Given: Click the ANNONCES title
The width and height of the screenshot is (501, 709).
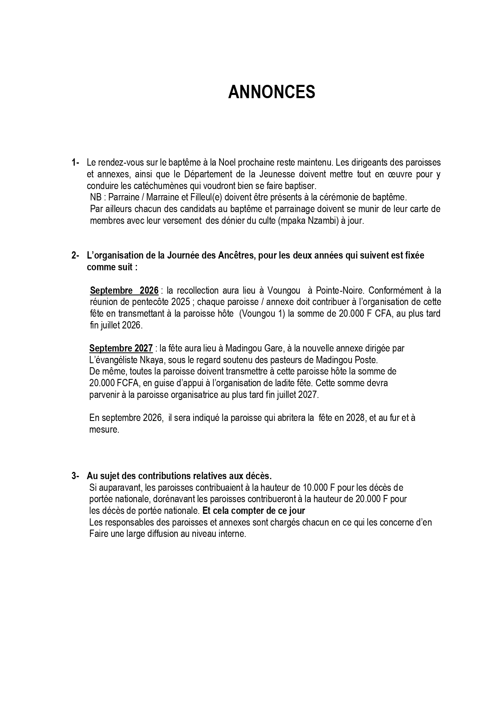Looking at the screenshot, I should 272,93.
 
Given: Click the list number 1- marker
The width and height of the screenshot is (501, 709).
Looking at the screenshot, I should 75,162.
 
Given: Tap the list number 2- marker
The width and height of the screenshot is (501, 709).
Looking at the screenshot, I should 75,255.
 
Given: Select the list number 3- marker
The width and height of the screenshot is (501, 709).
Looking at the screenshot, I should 75,476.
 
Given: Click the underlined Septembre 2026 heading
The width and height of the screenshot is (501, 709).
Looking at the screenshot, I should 124,290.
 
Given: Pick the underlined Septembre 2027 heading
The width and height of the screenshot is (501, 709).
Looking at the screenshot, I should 121,348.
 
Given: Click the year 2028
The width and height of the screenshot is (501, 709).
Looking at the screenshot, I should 356,418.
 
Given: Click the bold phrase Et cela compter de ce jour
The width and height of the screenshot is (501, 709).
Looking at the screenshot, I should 254,511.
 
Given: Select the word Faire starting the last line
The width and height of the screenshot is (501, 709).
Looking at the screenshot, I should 99,534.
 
